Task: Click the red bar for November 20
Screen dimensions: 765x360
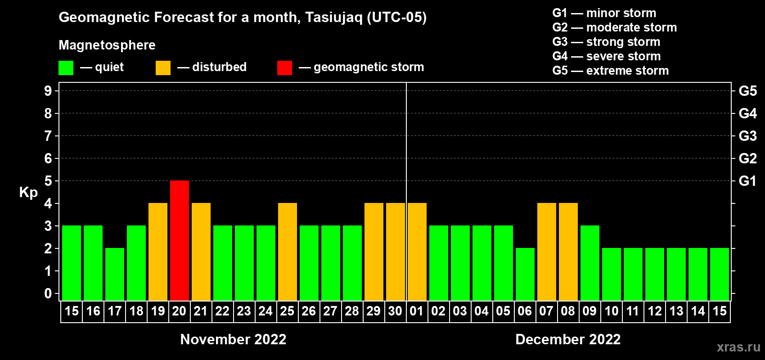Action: point(180,240)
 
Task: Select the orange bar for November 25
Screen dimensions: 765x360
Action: point(288,252)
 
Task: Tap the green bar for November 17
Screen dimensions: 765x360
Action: point(115,274)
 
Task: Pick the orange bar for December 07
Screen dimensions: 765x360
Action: point(547,252)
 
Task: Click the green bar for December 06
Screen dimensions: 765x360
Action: point(525,274)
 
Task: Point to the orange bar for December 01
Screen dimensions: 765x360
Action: point(417,252)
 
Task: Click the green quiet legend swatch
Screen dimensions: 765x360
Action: point(66,67)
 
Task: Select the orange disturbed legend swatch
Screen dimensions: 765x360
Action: point(163,67)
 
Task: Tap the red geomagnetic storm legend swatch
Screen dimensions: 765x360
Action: point(284,67)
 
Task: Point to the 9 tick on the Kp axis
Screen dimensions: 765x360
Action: point(48,91)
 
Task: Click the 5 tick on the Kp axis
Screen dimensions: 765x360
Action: point(48,181)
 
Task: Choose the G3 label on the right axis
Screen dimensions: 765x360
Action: point(747,136)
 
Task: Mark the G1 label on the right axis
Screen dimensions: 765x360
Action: point(747,181)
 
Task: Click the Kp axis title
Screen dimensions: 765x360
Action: point(28,192)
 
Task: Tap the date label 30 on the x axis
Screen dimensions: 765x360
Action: point(395,311)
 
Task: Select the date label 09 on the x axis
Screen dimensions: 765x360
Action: point(589,311)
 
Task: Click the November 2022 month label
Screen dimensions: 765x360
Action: point(233,339)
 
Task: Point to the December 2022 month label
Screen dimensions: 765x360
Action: point(568,339)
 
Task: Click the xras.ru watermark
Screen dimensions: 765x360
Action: point(738,347)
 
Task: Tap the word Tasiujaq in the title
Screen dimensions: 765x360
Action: point(333,18)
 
